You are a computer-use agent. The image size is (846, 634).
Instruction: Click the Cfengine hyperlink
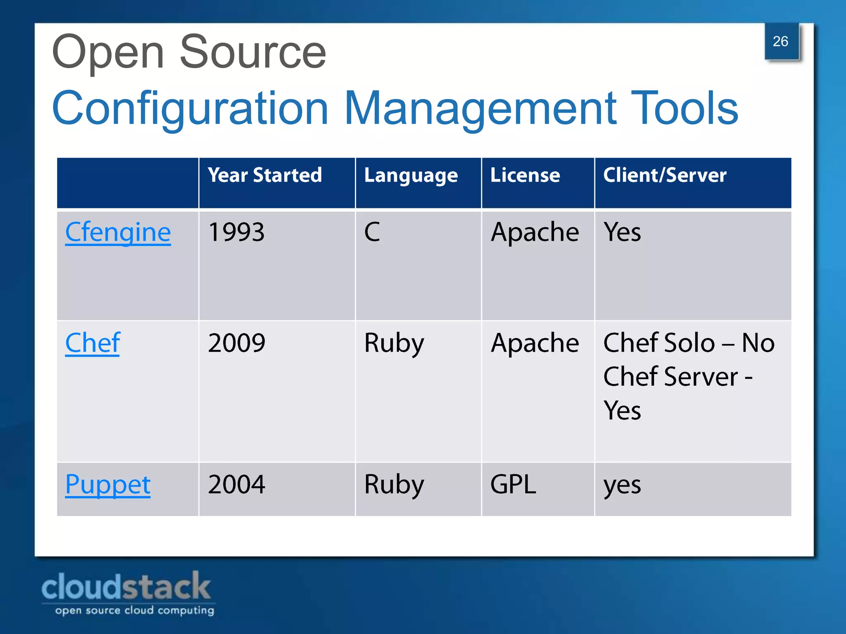(118, 232)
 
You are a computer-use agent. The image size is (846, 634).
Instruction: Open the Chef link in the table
(93, 343)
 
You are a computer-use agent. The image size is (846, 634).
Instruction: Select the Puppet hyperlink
(108, 485)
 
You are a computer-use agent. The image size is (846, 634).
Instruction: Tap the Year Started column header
(265, 175)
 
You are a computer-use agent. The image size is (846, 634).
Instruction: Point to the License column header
(525, 175)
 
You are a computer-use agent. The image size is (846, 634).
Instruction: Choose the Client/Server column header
(665, 175)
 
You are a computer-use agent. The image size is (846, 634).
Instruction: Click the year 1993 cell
(236, 232)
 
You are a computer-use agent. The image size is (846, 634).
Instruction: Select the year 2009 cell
(237, 343)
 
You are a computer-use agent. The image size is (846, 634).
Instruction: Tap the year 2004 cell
(237, 485)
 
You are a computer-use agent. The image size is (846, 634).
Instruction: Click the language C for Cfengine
(372, 232)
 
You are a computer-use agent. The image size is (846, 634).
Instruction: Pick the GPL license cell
(513, 485)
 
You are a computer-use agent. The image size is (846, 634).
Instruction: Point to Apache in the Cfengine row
(535, 232)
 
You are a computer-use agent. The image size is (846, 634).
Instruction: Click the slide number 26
(780, 42)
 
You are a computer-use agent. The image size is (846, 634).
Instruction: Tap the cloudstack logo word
(126, 587)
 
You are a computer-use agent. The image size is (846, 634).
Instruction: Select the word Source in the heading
(253, 53)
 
